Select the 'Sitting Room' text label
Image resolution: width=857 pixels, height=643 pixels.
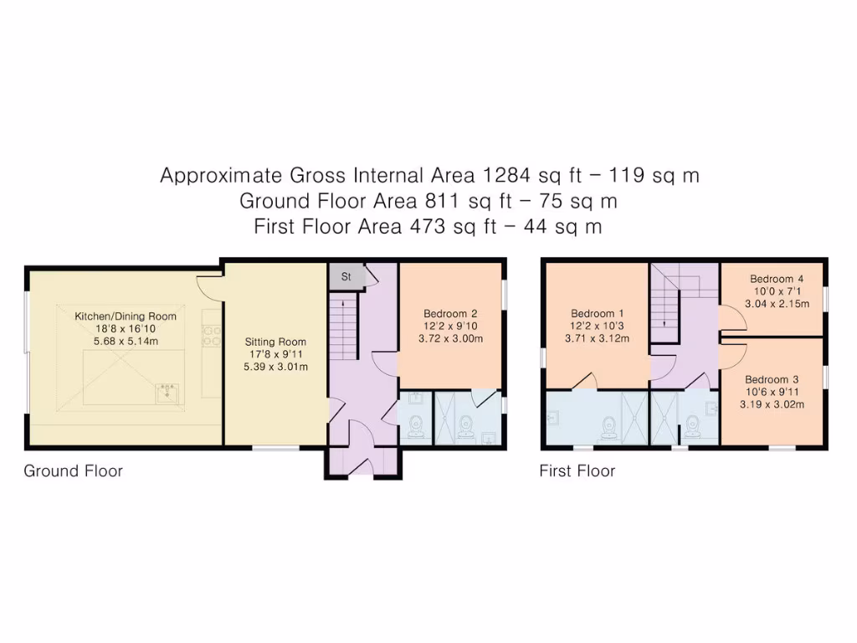pyautogui.click(x=275, y=342)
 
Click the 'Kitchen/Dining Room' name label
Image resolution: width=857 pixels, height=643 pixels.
pyautogui.click(x=126, y=316)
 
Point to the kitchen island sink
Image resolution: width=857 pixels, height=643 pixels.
pyautogui.click(x=168, y=392)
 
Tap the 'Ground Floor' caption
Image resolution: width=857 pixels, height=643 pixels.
pyautogui.click(x=73, y=471)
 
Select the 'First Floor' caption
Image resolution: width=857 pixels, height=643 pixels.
pyautogui.click(x=577, y=471)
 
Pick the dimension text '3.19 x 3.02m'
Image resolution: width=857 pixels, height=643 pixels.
pyautogui.click(x=775, y=404)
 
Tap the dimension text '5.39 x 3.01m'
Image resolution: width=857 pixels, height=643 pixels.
pyautogui.click(x=275, y=366)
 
